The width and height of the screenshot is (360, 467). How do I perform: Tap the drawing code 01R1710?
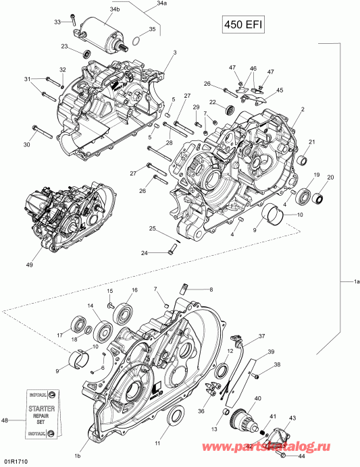click(x=15, y=461)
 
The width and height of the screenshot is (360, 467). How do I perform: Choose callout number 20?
click(x=331, y=177)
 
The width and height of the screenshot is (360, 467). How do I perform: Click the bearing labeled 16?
click(x=124, y=313)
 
